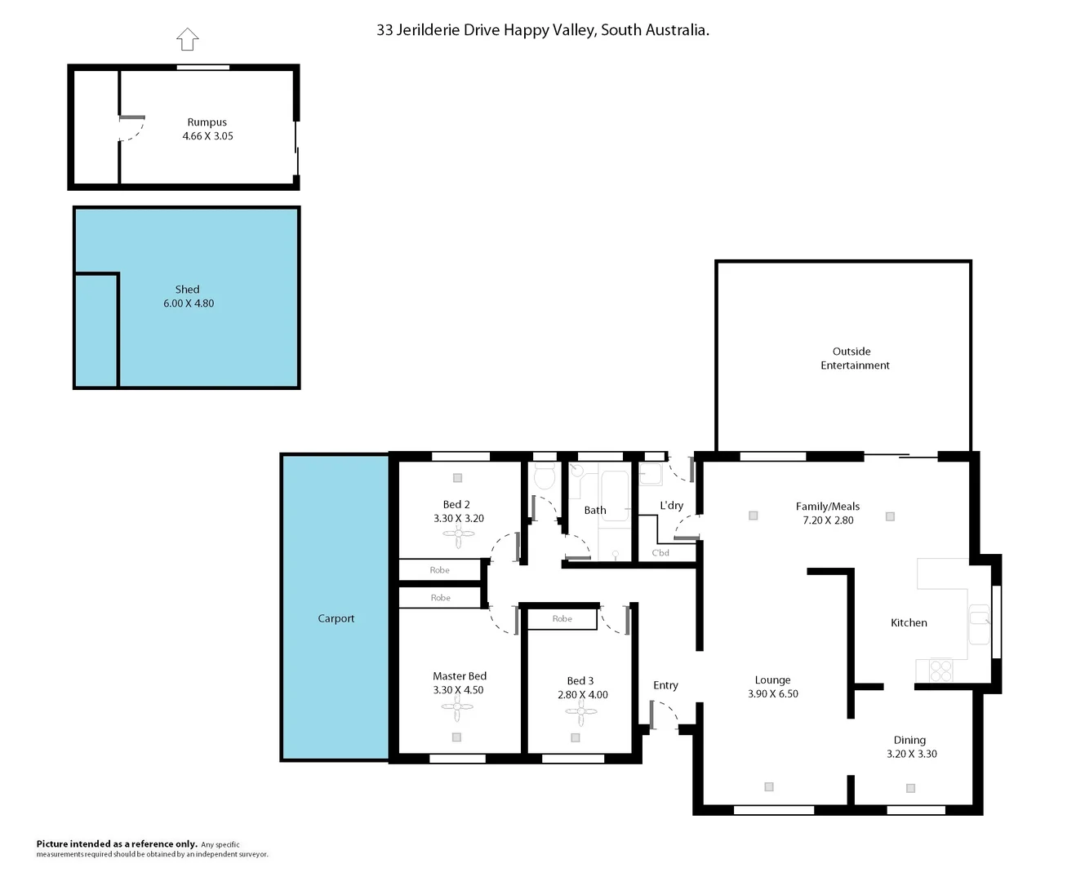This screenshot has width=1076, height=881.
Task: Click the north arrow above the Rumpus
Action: tap(188, 39)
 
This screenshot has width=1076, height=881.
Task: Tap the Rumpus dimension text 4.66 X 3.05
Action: tap(207, 136)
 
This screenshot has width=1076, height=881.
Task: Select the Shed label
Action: tap(187, 290)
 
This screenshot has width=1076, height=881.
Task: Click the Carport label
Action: tap(336, 618)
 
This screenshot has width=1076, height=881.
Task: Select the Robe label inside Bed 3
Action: tap(562, 619)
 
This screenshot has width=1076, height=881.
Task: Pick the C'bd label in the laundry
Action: tap(660, 553)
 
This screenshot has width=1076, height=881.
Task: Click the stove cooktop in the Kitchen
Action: tap(940, 670)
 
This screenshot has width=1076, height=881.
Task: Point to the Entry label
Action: tap(665, 685)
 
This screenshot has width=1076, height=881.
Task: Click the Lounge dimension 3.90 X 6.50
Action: tap(772, 694)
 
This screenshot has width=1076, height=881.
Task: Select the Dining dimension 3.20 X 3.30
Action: tap(911, 754)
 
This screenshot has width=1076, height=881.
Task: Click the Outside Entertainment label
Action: tap(854, 358)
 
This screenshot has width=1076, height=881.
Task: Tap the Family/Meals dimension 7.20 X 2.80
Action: tap(828, 520)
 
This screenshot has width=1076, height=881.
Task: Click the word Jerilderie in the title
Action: tap(447, 30)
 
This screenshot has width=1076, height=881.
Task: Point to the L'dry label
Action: tap(671, 506)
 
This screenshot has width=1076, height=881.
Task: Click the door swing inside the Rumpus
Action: tap(133, 128)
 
